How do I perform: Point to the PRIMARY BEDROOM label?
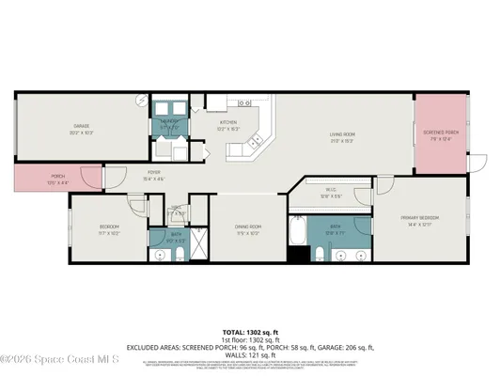pos(419,218)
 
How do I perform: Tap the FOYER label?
pos(152,172)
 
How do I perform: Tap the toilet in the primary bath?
pos(319,254)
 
